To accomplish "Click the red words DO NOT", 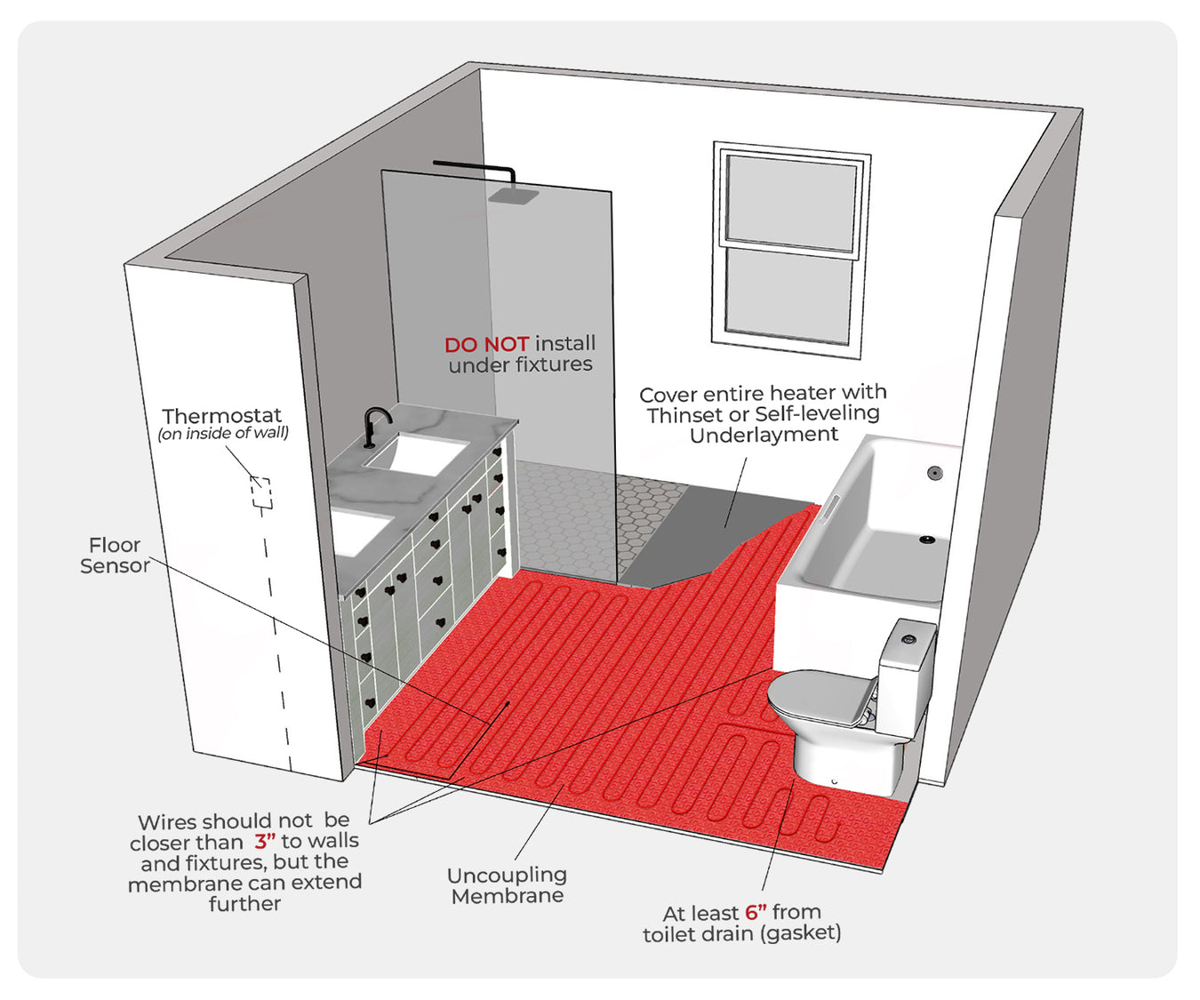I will (486, 344).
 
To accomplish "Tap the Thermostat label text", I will (221, 415).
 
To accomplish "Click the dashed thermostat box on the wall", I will (260, 492).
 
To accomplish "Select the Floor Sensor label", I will (115, 556).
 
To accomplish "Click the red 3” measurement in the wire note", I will (264, 841).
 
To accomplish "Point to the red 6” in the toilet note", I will (756, 912).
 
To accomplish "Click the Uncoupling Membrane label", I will (508, 885).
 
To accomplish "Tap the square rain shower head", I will (513, 196).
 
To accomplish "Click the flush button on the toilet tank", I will (908, 637).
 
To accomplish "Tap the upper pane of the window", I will (791, 203).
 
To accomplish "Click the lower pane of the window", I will (788, 295).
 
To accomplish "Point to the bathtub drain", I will (926, 538).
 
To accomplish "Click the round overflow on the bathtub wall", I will (934, 473).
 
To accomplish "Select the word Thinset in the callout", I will (684, 414).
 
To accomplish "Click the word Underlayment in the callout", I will (764, 435).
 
